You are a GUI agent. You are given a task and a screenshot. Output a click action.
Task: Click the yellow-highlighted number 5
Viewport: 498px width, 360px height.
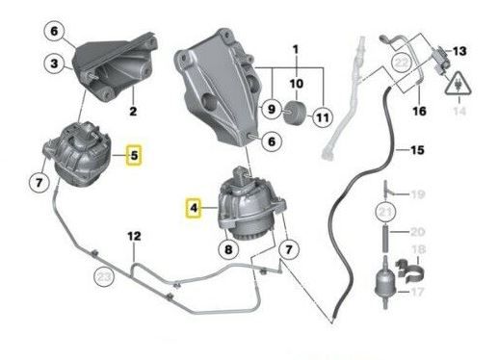134,156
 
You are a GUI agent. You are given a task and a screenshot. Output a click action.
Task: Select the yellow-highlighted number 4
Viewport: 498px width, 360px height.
194,208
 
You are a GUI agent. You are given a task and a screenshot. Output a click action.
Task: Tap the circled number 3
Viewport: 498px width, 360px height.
54,63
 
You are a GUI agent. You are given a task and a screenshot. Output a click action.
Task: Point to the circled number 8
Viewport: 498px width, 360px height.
228,249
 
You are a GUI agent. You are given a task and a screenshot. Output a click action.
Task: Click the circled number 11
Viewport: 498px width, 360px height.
323,117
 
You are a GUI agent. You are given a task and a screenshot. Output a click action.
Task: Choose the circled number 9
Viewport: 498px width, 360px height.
272,109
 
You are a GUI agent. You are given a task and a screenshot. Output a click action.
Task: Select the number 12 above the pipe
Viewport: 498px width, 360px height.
134,236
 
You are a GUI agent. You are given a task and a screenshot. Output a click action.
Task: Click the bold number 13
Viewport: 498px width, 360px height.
459,51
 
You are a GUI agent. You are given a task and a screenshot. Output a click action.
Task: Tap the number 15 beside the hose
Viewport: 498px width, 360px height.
417,150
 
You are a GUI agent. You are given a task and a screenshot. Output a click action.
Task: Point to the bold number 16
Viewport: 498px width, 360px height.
419,111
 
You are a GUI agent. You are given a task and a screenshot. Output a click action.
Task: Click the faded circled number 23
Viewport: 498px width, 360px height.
104,276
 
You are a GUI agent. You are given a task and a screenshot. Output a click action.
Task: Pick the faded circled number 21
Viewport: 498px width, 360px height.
385,212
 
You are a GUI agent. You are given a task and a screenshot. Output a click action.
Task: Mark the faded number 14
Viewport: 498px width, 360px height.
459,111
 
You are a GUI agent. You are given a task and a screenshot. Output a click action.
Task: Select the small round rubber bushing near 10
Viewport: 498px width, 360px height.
295,112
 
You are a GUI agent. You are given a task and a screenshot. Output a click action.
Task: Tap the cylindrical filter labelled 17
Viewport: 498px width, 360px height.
385,284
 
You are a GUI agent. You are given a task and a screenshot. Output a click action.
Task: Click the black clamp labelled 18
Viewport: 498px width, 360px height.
410,272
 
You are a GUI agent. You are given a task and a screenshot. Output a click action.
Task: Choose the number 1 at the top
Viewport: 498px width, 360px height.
296,49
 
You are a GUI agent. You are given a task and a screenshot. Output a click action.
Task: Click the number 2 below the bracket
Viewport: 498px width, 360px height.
133,111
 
